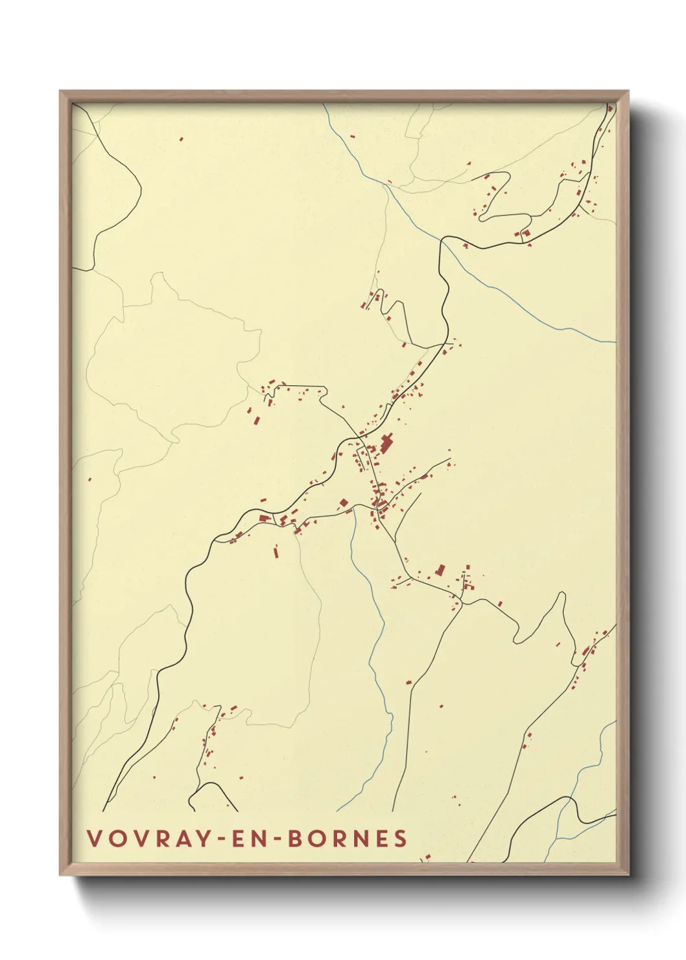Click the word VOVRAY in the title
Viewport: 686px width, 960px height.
(148, 838)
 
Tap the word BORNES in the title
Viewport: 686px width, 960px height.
(347, 838)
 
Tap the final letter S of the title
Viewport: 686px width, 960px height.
(400, 838)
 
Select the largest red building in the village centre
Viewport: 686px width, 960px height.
(387, 444)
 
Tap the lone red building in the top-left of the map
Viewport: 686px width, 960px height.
(181, 138)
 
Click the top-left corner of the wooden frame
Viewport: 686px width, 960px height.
(60, 91)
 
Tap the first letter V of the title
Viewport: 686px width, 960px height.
(93, 838)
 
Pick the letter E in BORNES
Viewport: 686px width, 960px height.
(380, 838)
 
